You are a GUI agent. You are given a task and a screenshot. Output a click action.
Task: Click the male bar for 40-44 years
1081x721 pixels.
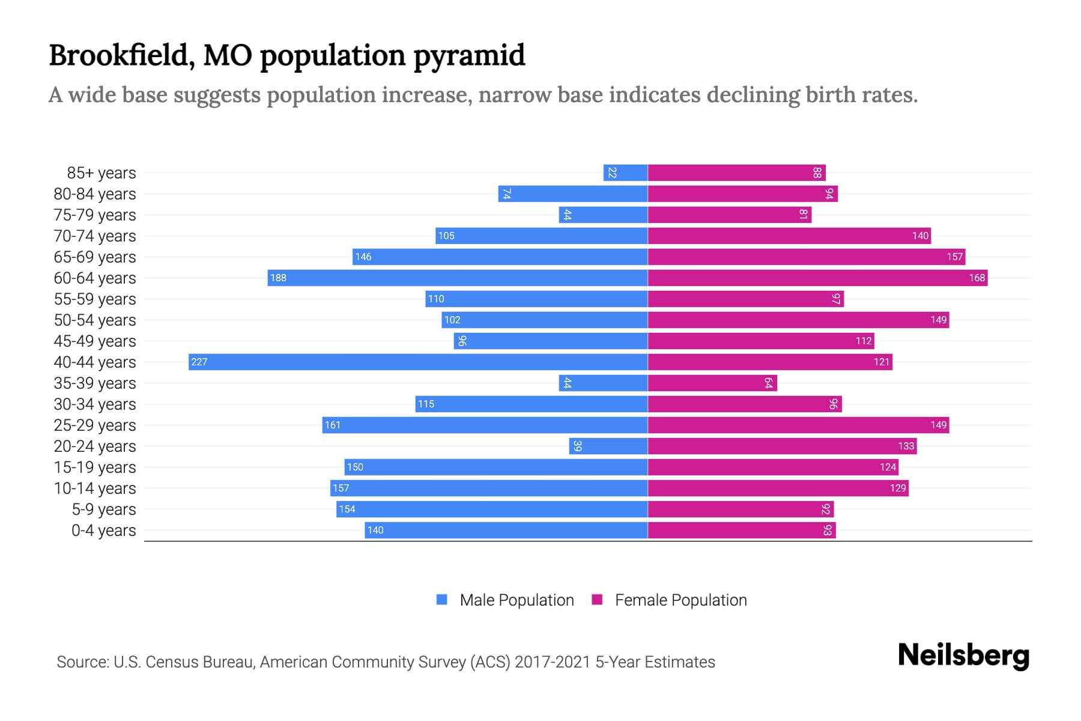pyautogui.click(x=418, y=362)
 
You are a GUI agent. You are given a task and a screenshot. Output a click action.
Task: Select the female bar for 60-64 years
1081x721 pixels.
pyautogui.click(x=817, y=278)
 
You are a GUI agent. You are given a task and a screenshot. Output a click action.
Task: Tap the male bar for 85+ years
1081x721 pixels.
pyautogui.click(x=625, y=172)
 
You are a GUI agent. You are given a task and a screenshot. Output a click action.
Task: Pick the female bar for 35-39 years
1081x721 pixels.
pyautogui.click(x=712, y=383)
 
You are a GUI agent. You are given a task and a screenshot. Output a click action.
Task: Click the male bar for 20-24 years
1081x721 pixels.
pyautogui.click(x=608, y=446)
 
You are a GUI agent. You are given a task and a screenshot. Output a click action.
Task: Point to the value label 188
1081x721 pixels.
pyautogui.click(x=278, y=278)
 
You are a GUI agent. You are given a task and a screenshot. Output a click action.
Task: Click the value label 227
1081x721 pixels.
pyautogui.click(x=199, y=362)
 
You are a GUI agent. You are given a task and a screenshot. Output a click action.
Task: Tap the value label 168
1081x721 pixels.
pyautogui.click(x=977, y=278)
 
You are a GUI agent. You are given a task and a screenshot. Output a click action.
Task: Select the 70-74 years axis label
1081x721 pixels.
pyautogui.click(x=95, y=236)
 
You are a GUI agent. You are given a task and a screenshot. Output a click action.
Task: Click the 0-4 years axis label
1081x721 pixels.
pyautogui.click(x=103, y=530)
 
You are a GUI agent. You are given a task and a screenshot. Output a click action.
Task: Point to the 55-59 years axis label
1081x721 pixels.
pyautogui.click(x=95, y=299)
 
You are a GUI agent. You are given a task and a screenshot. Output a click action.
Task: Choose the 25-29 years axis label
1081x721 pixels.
pyautogui.click(x=95, y=425)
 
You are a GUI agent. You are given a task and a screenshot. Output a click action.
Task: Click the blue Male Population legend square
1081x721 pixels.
pyautogui.click(x=442, y=600)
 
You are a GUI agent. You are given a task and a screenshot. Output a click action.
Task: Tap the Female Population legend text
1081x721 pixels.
pyautogui.click(x=680, y=600)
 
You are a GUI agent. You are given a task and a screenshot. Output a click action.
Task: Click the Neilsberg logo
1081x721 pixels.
pyautogui.click(x=963, y=656)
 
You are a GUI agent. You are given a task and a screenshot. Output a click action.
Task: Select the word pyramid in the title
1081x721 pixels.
pyautogui.click(x=469, y=56)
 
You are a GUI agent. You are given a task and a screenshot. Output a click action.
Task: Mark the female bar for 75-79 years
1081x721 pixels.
pyautogui.click(x=730, y=214)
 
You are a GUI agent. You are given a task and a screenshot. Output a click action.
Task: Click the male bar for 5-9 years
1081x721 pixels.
pyautogui.click(x=492, y=509)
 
